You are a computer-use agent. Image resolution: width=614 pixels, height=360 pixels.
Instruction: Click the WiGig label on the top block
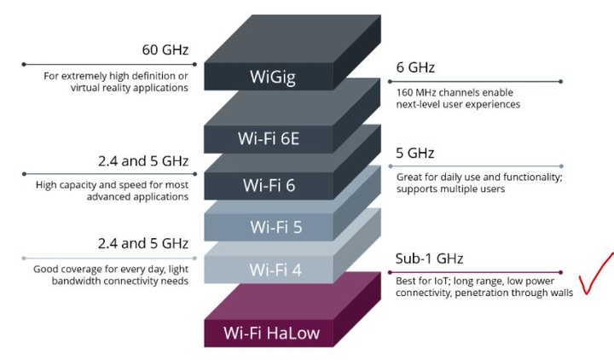(273, 77)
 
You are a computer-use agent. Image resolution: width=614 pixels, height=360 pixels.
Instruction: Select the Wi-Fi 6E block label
(269, 139)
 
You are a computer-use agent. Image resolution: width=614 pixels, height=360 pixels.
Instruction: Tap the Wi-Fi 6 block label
(269, 185)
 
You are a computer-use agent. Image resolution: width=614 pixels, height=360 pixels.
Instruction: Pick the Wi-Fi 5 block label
(276, 227)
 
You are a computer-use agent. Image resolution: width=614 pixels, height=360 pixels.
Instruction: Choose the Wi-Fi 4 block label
(275, 270)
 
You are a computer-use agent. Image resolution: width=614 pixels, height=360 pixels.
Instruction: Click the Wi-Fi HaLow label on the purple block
(272, 333)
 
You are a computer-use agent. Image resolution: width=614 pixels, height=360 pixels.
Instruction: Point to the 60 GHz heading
(165, 49)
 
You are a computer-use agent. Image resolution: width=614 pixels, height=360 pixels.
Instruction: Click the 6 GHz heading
(415, 67)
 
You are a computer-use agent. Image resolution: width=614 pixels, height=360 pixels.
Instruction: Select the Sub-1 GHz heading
(429, 258)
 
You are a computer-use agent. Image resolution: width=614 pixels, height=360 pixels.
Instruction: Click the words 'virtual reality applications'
(130, 88)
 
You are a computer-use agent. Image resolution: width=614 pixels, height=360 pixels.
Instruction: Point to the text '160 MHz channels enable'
(455, 92)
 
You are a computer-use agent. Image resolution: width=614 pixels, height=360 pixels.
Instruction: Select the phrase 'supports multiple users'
(450, 189)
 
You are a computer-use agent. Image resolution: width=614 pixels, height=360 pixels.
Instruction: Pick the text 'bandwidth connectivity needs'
(120, 281)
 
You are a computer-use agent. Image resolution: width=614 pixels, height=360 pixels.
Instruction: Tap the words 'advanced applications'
(137, 197)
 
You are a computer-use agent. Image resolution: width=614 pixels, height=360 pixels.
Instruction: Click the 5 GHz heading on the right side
(415, 153)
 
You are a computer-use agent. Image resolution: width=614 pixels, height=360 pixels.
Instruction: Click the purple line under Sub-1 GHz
(475, 272)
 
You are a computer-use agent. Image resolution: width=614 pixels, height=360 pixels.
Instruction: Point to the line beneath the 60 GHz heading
(110, 64)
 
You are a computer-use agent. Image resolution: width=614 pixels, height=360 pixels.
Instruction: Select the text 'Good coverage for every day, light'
(111, 269)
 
